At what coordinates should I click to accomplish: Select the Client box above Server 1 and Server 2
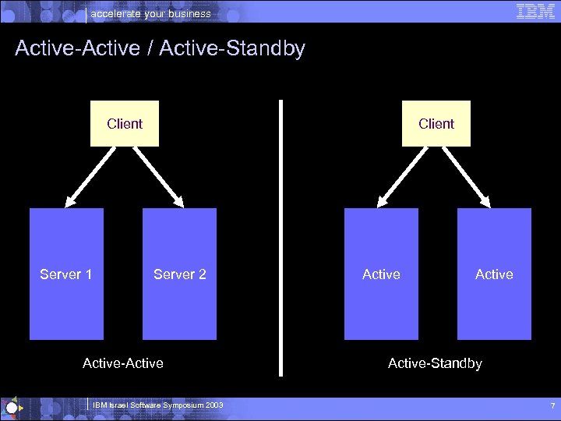[125, 123]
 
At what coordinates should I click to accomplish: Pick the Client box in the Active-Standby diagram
[436, 123]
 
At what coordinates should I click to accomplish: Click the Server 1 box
[66, 274]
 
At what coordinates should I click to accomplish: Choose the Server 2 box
[179, 274]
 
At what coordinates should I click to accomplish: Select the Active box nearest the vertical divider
[381, 274]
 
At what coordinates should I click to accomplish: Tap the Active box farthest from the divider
[494, 274]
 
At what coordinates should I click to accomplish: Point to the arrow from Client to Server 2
[158, 175]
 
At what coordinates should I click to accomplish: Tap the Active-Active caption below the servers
[123, 363]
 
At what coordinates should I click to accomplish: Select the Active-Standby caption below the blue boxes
[435, 363]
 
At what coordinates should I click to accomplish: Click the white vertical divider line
[280, 234]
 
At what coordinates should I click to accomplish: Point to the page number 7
[552, 406]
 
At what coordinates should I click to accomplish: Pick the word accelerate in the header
[115, 13]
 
